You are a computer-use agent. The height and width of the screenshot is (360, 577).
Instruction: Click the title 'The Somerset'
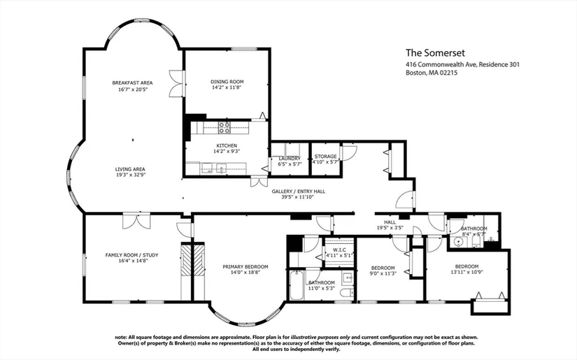pyautogui.click(x=435, y=53)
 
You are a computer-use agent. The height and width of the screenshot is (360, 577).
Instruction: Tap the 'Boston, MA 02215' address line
pyautogui.click(x=432, y=73)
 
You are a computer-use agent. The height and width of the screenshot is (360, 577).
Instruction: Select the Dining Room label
pyautogui.click(x=227, y=82)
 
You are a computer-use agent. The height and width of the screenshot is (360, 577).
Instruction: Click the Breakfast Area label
pyautogui.click(x=132, y=82)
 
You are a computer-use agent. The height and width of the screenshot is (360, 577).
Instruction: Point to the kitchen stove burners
pyautogui.click(x=224, y=128)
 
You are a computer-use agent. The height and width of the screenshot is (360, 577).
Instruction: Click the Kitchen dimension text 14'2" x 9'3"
pyautogui.click(x=227, y=151)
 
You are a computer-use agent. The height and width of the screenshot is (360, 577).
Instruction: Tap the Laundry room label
pyautogui.click(x=290, y=159)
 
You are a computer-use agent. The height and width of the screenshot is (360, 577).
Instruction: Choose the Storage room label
pyautogui.click(x=325, y=157)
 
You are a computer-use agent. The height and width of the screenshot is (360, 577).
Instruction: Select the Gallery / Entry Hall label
pyautogui.click(x=299, y=192)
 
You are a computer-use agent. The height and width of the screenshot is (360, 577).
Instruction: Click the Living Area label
pyautogui.click(x=130, y=169)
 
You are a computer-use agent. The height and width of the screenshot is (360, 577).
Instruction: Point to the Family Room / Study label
pyautogui.click(x=131, y=255)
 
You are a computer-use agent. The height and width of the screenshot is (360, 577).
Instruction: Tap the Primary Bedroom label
pyautogui.click(x=245, y=266)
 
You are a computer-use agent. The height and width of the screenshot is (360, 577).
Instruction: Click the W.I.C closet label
pyautogui.click(x=339, y=250)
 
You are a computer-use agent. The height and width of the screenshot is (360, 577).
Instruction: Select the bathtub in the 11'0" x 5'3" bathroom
pyautogui.click(x=297, y=285)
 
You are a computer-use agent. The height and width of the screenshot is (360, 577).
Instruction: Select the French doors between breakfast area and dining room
pyautogui.click(x=176, y=83)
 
